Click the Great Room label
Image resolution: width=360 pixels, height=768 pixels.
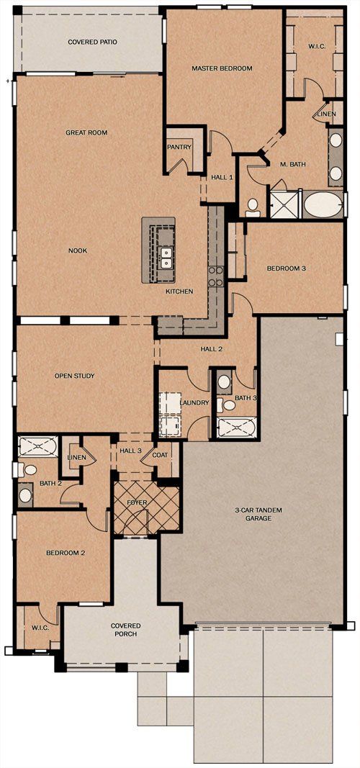pyautogui.click(x=86, y=132)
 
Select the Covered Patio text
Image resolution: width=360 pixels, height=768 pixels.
pyautogui.click(x=93, y=42)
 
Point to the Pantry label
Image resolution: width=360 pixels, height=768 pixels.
pyautogui.click(x=179, y=147)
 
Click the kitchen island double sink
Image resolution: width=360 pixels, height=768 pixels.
pyautogui.click(x=167, y=258)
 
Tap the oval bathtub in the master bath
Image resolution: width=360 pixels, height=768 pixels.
pyautogui.click(x=323, y=204)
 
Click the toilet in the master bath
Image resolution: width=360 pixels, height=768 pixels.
pyautogui.click(x=253, y=208)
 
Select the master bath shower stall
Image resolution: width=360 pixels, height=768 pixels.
pyautogui.click(x=284, y=204)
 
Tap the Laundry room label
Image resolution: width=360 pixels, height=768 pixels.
pyautogui.click(x=194, y=402)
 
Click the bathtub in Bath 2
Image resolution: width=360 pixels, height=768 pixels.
pyautogui.click(x=37, y=447)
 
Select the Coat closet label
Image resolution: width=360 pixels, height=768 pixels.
pyautogui.click(x=160, y=455)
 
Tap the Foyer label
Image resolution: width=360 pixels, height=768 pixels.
pyautogui.click(x=137, y=502)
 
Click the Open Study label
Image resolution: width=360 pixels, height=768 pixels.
pyautogui.click(x=74, y=376)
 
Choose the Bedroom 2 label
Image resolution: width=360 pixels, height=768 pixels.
pyautogui.click(x=66, y=553)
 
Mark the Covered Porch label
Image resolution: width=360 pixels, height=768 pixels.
pyautogui.click(x=126, y=630)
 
